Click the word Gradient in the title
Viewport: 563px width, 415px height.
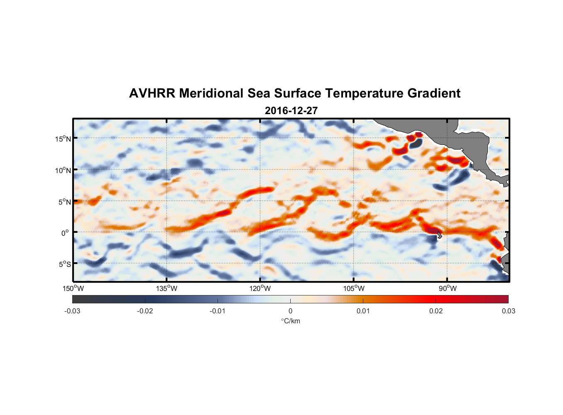(x=434, y=93)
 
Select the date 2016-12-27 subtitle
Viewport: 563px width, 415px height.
(x=291, y=111)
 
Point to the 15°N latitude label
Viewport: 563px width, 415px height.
(x=63, y=139)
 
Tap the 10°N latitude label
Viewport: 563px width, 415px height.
(x=63, y=170)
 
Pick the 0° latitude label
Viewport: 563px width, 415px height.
(x=65, y=233)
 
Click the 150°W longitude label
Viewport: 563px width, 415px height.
(x=73, y=288)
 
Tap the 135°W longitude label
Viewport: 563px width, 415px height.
(x=166, y=288)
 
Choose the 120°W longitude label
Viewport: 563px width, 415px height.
(x=260, y=288)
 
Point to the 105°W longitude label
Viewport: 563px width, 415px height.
(x=354, y=288)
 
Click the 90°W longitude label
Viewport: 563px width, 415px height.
(x=448, y=288)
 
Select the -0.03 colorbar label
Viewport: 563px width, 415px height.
(x=72, y=311)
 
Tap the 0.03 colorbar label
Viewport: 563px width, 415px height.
(x=508, y=311)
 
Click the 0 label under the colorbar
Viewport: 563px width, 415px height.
(x=290, y=311)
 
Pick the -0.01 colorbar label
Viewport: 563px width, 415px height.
(x=217, y=311)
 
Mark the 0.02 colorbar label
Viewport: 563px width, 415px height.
(x=436, y=311)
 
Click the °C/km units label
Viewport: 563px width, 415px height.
(x=291, y=321)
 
